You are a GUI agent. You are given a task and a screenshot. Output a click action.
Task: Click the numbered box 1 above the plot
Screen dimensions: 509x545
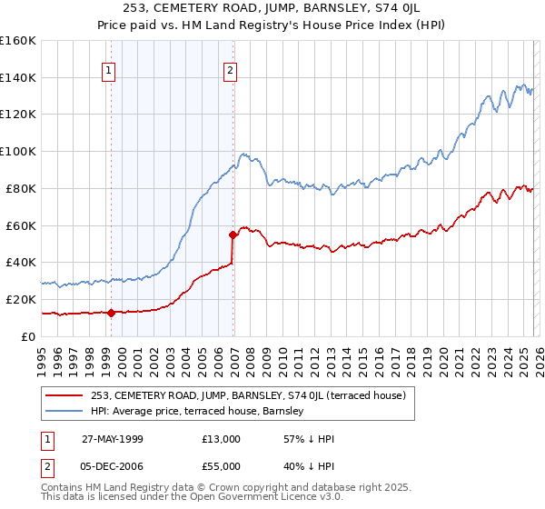coord(109,70)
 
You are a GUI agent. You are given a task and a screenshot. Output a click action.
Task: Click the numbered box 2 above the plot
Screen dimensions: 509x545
coord(231,70)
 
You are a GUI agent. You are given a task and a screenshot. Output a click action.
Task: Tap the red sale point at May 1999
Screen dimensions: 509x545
coord(111,313)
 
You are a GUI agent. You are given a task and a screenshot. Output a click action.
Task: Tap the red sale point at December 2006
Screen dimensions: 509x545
coord(233,235)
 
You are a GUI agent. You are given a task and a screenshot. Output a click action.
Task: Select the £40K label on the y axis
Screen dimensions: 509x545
coord(20,262)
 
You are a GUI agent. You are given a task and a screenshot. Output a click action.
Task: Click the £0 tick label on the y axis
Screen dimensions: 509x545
coord(28,336)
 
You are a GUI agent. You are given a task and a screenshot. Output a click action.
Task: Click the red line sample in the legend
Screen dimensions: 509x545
coord(64,395)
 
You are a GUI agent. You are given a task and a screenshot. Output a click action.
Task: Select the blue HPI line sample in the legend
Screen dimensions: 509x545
coord(64,412)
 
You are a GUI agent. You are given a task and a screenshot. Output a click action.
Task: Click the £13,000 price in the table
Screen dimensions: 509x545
coord(222,439)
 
